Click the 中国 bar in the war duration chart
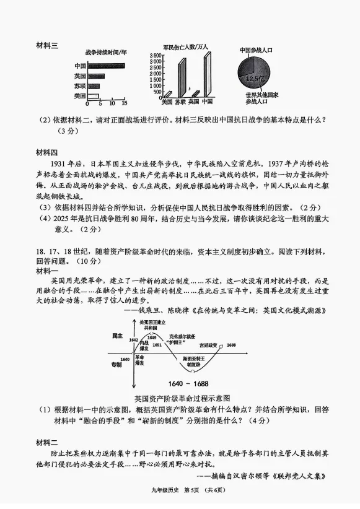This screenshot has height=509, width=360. (x=107, y=66)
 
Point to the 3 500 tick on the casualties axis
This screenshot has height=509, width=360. (x=155, y=56)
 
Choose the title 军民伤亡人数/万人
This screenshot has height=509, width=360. (x=184, y=47)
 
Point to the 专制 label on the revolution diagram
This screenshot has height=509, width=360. (x=117, y=365)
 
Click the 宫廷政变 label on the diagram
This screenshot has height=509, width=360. (x=209, y=344)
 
